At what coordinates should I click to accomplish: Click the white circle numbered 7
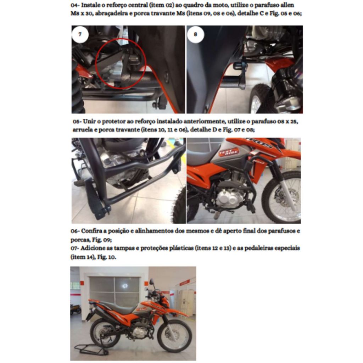click(x=80, y=34)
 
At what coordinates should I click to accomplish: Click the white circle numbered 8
click(x=196, y=34)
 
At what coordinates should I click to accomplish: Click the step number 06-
click(x=75, y=231)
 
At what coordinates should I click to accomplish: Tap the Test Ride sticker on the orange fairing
click(x=229, y=152)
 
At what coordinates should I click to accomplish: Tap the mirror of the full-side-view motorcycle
click(x=152, y=281)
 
